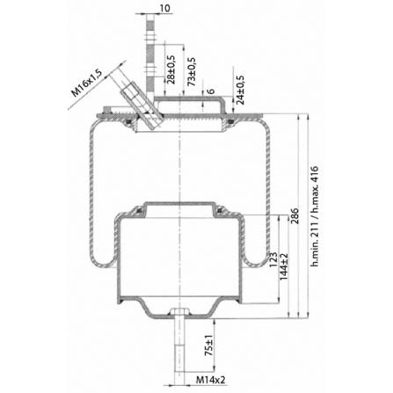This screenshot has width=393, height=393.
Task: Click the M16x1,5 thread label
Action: pos(87,84)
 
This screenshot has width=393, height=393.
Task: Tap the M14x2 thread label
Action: pos(211,380)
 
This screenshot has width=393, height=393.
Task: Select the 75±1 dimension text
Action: pos(208,346)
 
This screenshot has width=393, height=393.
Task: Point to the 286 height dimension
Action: pos(294,216)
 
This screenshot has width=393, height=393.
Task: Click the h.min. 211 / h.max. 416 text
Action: pos(314,216)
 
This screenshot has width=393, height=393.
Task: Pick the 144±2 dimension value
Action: pos(284,266)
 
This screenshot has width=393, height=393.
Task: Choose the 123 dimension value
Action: pos(273,259)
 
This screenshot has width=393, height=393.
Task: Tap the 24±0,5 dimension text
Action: pos(240,90)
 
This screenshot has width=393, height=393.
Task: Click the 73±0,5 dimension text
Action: pos(192,71)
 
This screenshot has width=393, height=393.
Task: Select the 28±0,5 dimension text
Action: pos(171,69)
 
